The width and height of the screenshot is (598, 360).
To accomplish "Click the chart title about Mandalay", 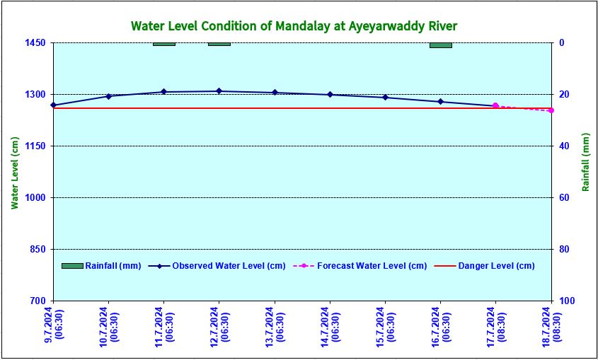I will click(x=294, y=26).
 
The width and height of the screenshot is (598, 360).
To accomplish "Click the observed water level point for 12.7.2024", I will click(x=219, y=91).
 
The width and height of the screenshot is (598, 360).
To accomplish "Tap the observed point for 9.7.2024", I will click(x=53, y=105).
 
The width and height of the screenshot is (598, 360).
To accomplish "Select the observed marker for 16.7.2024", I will click(x=440, y=102).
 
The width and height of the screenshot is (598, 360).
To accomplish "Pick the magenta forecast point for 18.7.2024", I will click(x=551, y=110).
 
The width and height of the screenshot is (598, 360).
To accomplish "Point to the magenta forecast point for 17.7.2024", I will click(x=495, y=105).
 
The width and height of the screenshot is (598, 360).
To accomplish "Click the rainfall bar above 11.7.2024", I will click(x=163, y=44).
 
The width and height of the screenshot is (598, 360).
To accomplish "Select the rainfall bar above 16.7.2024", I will click(x=440, y=45).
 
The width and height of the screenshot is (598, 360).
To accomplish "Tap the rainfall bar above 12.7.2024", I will click(x=219, y=44).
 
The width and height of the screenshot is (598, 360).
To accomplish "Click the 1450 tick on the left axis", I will click(x=35, y=43).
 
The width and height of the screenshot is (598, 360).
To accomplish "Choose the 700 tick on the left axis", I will click(x=37, y=301).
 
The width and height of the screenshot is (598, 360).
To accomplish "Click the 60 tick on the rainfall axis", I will click(x=564, y=198).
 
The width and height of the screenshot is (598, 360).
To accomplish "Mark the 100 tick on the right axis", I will click(x=566, y=301).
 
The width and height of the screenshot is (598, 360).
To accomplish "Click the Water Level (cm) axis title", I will click(x=15, y=173).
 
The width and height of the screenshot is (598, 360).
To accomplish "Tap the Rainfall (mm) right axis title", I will click(x=585, y=162).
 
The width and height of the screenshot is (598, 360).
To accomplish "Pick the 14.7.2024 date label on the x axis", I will click(x=328, y=325).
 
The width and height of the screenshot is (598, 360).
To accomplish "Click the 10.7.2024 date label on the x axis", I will click(x=108, y=325).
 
